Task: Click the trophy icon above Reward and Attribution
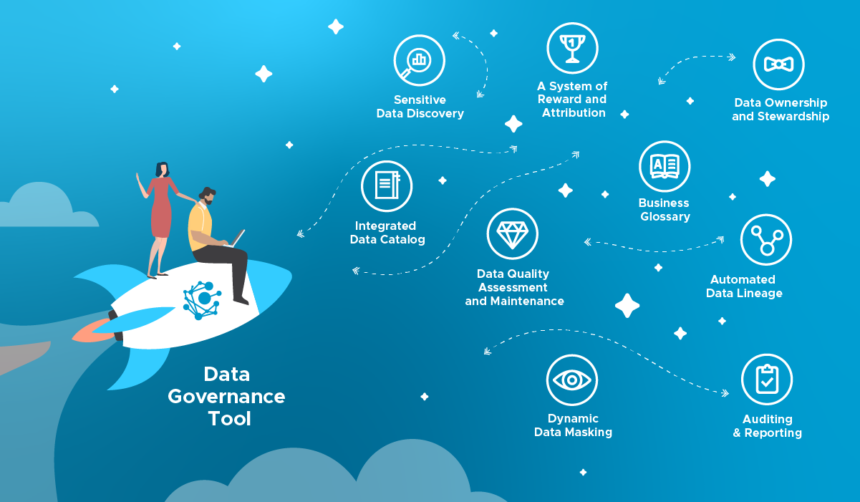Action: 572,48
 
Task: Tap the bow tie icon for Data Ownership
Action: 778,64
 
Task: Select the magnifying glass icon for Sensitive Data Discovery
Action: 419,61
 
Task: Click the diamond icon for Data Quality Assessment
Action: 512,234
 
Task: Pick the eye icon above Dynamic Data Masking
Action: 571,380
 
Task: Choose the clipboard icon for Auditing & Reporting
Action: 767,380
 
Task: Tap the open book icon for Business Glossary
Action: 665,166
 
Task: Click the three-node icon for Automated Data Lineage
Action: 765,240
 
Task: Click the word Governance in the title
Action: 226,396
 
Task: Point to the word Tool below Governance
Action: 229,418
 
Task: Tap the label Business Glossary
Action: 665,210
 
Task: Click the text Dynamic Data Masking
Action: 573,425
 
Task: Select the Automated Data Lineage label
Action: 744,286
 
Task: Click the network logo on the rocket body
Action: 203,299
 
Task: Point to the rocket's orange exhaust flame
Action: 92,330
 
